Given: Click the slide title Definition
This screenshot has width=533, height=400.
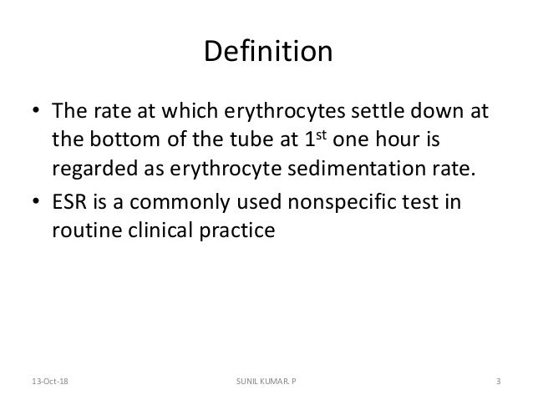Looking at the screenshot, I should point(267,52).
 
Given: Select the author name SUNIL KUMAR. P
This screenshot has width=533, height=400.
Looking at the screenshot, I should point(266,382).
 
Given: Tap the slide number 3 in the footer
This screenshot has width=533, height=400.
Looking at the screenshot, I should point(497,382).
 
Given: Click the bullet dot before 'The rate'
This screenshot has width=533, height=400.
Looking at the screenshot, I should point(37,112).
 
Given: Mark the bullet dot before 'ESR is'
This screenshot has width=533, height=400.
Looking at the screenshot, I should point(37,202).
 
